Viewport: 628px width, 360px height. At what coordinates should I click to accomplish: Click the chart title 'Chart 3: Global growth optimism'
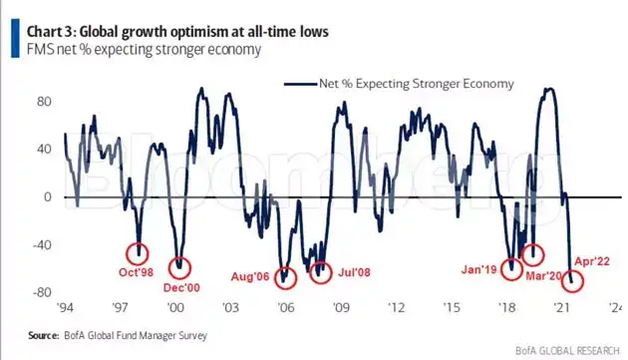point(179,31)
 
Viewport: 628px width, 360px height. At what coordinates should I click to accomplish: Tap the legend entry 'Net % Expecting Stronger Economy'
point(410,84)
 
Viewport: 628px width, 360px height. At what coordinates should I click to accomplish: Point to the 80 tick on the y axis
point(44,102)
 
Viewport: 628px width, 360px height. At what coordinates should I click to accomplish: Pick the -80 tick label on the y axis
point(41,293)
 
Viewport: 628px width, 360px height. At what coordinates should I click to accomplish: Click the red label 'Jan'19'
point(480,267)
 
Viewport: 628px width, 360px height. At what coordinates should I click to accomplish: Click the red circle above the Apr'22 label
point(573,280)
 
